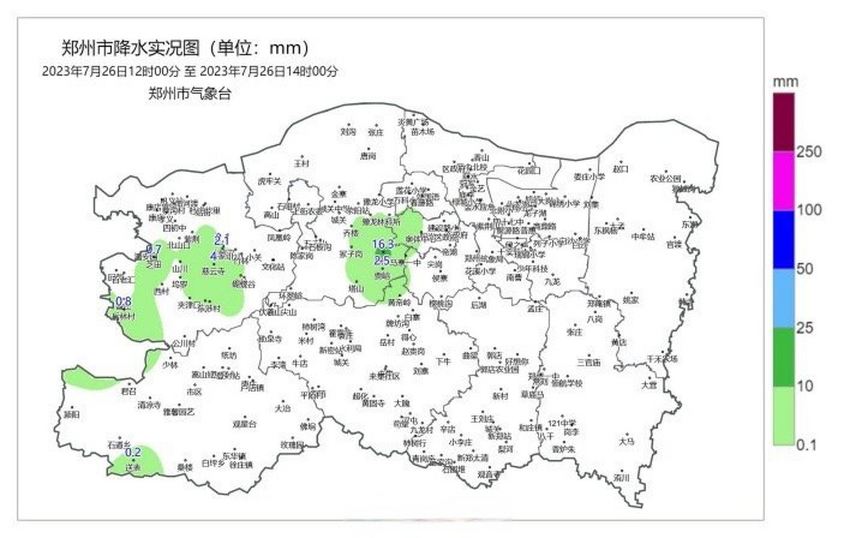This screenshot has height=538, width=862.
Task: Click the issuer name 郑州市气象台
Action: tap(190, 94)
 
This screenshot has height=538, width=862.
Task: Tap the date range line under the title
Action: tap(190, 71)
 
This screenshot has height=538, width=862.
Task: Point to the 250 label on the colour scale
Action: tap(809, 152)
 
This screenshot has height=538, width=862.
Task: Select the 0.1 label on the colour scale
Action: tap(807, 445)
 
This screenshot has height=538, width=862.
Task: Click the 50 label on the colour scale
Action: tap(805, 269)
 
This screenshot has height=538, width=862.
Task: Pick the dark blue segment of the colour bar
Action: tap(784, 240)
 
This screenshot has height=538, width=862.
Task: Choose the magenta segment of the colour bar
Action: tap(784, 181)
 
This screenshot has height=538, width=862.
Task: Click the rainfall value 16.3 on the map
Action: tap(383, 244)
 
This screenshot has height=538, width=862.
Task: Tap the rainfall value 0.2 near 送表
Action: tap(133, 453)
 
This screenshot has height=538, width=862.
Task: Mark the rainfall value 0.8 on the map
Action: tap(124, 301)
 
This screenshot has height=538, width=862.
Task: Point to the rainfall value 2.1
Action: tap(222, 240)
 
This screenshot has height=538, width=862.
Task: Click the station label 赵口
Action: tap(620, 169)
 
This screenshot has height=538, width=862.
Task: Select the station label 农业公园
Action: tap(665, 179)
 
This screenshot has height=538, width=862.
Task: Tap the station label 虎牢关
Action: tap(269, 182)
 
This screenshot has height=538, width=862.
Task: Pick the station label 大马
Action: tap(626, 441)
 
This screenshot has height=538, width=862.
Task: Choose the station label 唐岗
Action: tap(368, 156)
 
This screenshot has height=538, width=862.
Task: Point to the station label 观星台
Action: tap(245, 424)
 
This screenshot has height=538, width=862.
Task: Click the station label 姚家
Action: tap(630, 300)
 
